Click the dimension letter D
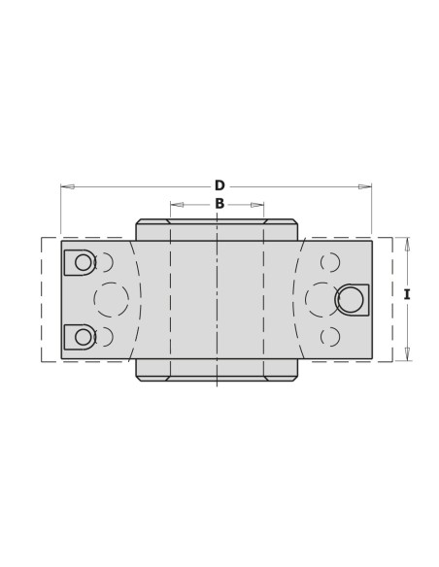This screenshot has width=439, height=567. [219, 185]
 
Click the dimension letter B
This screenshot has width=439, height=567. [219, 204]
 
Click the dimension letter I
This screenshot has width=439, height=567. [407, 295]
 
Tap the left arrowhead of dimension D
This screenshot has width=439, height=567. [68, 186]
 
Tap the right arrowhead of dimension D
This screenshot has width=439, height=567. [364, 186]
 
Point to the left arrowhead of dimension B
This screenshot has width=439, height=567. [177, 205]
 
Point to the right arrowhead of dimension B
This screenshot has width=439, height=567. [257, 205]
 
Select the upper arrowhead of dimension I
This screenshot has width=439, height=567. [407, 245]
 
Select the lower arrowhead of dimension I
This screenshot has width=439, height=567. [407, 354]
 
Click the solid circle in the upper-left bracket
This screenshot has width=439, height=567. [84, 262]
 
